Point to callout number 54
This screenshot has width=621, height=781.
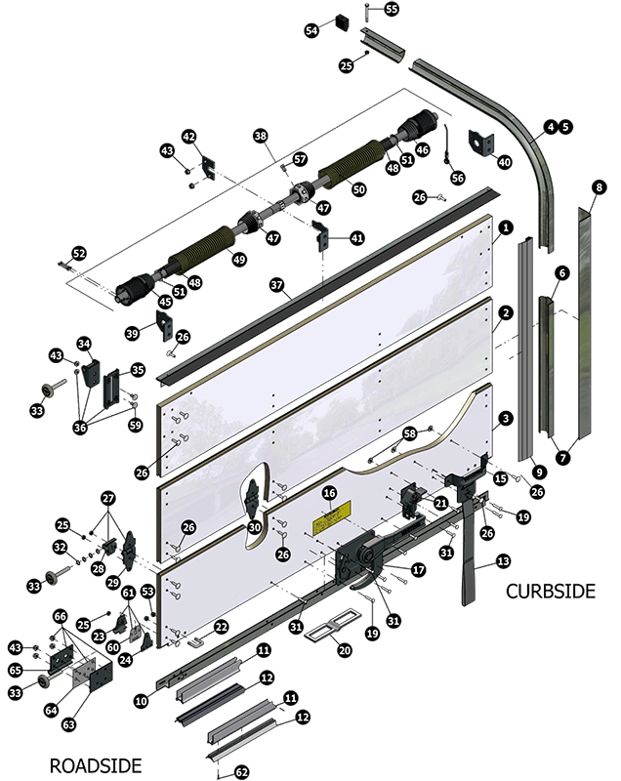coord(312,30)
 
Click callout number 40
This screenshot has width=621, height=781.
coord(505,161)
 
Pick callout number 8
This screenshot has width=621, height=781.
coord(600,187)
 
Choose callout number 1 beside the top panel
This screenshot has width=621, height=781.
coord(506,227)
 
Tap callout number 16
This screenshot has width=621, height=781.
coord(329,494)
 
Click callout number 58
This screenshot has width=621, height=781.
coord(410,433)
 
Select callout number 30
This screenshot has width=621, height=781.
coord(255,527)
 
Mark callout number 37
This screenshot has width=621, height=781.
coord(275,284)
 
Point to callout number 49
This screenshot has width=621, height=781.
coord(239,259)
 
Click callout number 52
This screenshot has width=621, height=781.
coord(79,254)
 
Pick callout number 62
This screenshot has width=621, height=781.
coord(242,772)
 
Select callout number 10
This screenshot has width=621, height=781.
coord(142,701)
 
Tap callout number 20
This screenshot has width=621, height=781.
coord(344,650)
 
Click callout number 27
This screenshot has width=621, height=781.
coord(108,499)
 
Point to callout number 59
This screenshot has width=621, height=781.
coord(135,425)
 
